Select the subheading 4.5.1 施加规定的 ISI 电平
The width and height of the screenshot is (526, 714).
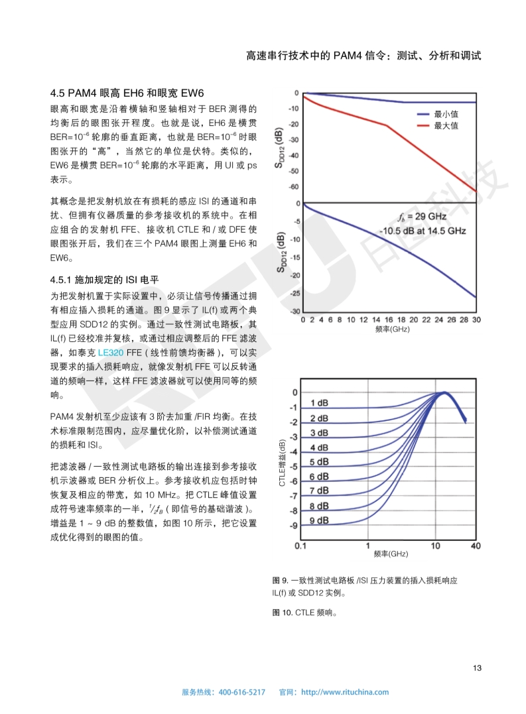(x=105, y=279)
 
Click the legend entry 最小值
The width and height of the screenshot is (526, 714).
(x=445, y=114)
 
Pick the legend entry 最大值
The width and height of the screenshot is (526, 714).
(x=445, y=125)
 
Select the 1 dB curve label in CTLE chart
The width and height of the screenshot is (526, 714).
(x=319, y=404)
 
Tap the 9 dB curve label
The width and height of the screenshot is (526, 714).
(x=319, y=520)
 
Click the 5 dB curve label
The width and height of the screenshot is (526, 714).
(x=319, y=462)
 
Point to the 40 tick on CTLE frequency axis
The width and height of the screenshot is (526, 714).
(x=475, y=546)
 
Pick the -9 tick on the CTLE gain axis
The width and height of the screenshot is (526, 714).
(x=293, y=526)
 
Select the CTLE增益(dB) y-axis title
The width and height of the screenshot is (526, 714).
(x=282, y=463)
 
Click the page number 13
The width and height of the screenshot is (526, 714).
(x=477, y=667)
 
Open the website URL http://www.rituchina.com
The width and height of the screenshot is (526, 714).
(x=345, y=692)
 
